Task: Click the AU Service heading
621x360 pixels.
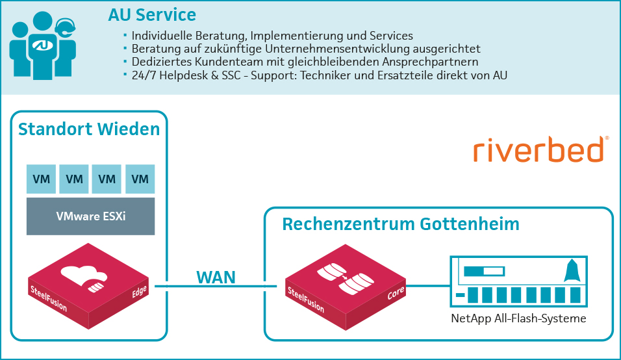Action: click(x=153, y=14)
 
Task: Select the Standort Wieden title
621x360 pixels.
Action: click(x=89, y=129)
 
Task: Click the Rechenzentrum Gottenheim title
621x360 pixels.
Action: click(x=401, y=224)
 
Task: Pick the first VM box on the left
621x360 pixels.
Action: click(x=41, y=179)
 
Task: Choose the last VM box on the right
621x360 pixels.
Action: click(x=140, y=179)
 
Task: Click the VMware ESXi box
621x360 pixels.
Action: click(x=90, y=216)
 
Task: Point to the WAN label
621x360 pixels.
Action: click(x=216, y=277)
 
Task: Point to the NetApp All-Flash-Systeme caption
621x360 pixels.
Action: click(x=519, y=318)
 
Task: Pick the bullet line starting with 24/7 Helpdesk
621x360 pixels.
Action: click(x=319, y=75)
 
